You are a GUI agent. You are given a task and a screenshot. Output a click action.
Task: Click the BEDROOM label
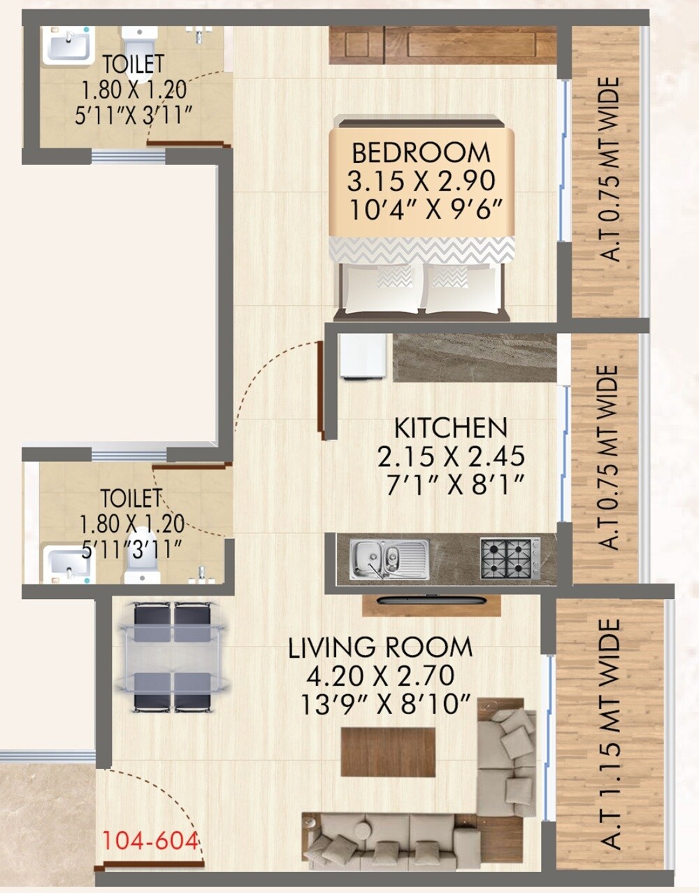click(421, 153)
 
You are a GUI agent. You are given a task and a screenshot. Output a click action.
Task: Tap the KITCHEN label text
click(451, 428)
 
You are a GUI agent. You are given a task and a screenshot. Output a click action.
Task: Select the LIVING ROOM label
click(380, 647)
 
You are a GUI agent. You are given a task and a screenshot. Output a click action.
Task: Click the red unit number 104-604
click(150, 840)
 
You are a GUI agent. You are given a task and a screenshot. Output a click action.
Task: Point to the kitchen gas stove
click(510, 558)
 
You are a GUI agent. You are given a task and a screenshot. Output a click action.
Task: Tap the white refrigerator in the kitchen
click(363, 356)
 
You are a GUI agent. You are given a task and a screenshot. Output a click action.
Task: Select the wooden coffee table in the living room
click(388, 752)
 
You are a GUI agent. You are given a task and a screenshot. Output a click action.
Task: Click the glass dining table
click(171, 656)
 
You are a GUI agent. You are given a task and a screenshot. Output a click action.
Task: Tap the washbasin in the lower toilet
click(67, 563)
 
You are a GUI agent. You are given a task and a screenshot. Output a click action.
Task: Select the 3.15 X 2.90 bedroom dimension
click(421, 181)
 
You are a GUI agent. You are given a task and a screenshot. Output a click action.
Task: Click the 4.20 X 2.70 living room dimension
click(380, 676)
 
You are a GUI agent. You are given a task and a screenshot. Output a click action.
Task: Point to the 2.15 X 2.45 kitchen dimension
click(451, 456)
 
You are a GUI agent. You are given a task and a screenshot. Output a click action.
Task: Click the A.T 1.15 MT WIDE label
click(610, 735)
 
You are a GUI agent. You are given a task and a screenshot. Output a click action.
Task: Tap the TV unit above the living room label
click(431, 603)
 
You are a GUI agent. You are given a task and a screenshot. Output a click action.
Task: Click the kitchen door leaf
click(322, 390)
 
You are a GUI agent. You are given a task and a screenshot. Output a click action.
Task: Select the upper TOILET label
click(133, 64)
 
